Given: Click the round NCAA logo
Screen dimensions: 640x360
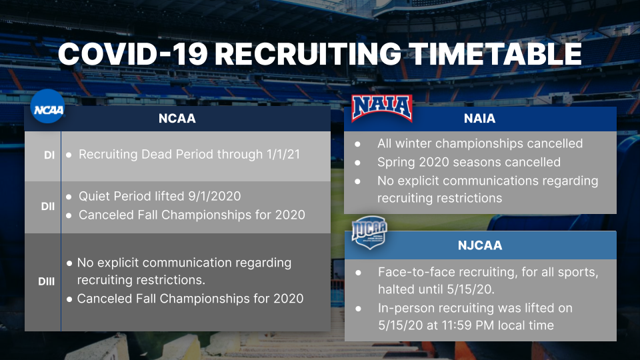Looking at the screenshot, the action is (48, 107).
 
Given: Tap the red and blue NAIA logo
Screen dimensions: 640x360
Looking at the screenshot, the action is (382, 108).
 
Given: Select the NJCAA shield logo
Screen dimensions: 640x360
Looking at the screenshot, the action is (369, 232).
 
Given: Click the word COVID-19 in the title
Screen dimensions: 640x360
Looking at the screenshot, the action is (133, 54).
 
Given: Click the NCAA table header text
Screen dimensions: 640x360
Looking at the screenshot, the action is (177, 119).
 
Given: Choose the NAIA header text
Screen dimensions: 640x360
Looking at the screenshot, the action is (479, 119).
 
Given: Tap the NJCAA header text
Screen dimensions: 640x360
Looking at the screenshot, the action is (480, 245).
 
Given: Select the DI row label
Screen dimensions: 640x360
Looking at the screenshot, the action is (49, 155).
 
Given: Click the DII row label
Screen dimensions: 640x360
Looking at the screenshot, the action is (48, 207).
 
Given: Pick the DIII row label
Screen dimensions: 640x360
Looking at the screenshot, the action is (46, 281).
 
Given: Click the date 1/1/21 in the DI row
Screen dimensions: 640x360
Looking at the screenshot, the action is (283, 154).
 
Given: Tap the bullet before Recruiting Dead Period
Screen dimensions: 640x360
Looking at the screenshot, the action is (69, 155).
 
